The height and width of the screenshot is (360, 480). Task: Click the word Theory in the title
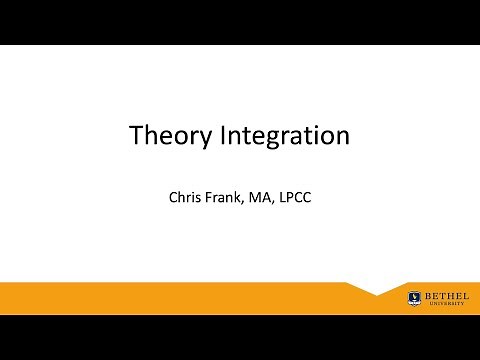coord(170,135)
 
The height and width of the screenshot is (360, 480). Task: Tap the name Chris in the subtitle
coord(188,195)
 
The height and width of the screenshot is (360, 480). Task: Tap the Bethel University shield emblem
coord(413,297)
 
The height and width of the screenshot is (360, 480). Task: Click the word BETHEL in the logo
coord(441,295)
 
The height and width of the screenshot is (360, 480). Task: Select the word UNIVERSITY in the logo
coord(441,303)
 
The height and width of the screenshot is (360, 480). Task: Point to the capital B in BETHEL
coord(426,295)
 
